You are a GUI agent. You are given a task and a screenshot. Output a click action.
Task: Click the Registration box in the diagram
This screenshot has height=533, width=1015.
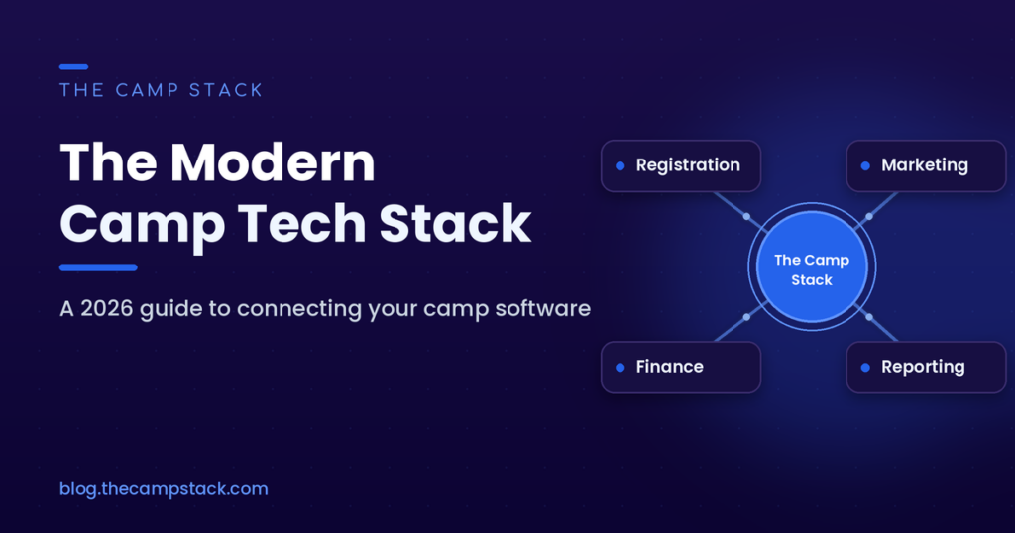681,165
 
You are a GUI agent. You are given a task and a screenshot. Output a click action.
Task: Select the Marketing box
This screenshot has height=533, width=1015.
927,165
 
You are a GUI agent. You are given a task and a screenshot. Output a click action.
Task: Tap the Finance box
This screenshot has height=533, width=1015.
681,368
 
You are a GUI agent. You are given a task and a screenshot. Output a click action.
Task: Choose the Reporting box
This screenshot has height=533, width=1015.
927,368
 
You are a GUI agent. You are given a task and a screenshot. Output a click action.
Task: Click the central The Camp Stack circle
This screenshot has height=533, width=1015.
812,267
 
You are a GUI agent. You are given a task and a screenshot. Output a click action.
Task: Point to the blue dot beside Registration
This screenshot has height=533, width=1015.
620,166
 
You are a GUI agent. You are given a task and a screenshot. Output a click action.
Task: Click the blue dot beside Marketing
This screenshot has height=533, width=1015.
865,166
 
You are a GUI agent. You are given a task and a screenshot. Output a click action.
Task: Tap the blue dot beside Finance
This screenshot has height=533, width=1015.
620,368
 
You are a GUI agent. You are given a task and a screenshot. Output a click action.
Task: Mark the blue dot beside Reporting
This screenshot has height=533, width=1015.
865,368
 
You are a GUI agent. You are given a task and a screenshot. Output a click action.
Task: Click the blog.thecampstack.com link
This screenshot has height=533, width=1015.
164,489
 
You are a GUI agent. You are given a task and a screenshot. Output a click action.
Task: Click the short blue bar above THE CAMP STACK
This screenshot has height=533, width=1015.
73,67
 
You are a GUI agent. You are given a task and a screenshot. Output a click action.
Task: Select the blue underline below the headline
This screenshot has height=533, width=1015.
98,267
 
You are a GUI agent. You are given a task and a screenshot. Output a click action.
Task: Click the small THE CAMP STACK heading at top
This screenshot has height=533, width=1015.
162,90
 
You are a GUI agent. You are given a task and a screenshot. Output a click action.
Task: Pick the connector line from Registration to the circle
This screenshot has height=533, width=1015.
741,212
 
